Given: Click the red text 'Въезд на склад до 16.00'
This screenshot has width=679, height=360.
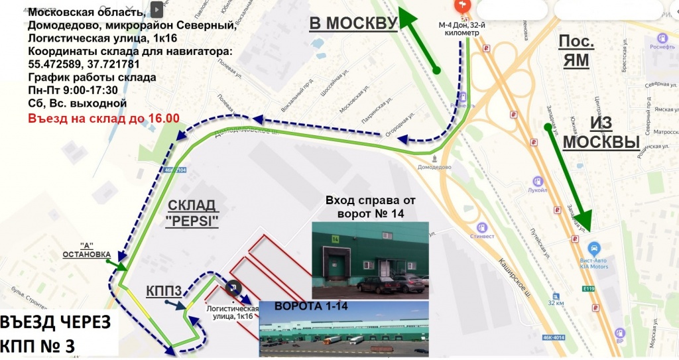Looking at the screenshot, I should tap(103, 119).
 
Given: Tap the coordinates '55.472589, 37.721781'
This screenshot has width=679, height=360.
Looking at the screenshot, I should tap(84, 64).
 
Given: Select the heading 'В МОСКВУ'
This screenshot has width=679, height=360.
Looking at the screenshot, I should tap(352, 23).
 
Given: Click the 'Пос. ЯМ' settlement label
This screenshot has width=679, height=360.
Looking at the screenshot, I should tap(576, 52).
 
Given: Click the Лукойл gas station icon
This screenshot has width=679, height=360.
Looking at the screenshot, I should tap(538, 181).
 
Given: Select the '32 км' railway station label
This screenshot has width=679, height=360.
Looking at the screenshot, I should tap(556, 302).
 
